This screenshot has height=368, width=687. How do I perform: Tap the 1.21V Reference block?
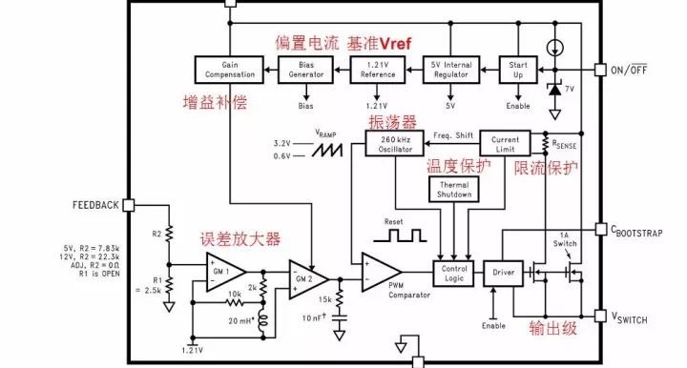tap(378, 69)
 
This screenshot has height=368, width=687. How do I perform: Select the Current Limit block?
tap(504, 143)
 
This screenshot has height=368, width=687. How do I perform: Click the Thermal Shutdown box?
tap(453, 189)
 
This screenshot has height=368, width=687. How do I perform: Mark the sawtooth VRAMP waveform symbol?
tap(329, 151)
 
